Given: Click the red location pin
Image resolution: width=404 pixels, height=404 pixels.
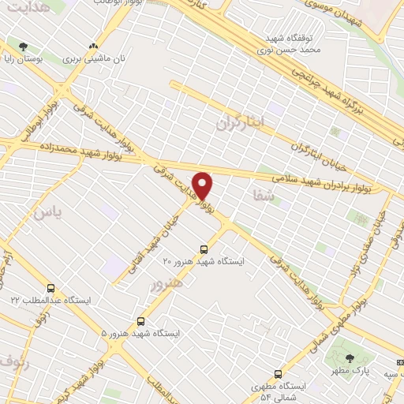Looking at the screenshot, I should [x=204, y=185].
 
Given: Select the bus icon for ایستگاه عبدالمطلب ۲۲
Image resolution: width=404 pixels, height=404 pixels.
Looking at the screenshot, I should [x=51, y=289].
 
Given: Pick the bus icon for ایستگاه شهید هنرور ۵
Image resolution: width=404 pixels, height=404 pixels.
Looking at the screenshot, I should [x=141, y=321].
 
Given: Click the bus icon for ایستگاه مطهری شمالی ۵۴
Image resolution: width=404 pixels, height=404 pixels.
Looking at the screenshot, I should [x=277, y=374].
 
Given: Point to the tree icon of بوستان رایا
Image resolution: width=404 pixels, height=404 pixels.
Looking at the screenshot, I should [x=23, y=47].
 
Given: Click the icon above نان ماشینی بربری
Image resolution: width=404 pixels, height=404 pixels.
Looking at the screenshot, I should [x=95, y=47].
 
